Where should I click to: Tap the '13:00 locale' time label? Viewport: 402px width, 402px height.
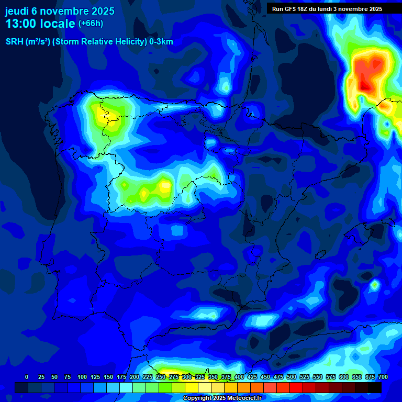coord(40,24)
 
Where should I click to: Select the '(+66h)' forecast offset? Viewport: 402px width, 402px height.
coord(91,24)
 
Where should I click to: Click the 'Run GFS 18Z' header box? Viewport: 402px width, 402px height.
coord(327,9)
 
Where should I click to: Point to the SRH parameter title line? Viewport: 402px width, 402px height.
coord(89,42)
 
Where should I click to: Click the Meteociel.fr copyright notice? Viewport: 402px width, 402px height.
coord(221,398)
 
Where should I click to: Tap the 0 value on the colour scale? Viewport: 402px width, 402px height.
coord(27,377)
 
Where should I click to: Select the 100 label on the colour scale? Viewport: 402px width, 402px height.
coord(82,377)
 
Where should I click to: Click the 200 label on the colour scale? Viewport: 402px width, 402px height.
coord(135,377)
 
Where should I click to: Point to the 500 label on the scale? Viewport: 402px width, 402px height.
coord(292,377)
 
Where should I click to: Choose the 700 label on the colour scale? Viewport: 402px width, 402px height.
coord(383,377)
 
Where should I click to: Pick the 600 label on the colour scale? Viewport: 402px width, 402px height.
coord(344,377)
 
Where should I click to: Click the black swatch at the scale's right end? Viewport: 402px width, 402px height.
coord(374,388)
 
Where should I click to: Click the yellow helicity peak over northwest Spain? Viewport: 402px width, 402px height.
coord(99,113)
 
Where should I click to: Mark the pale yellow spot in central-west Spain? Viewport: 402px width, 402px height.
coord(165,186)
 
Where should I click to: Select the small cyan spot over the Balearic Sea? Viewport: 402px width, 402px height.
coord(375,285)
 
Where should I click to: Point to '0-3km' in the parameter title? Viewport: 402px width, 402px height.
coord(161,42)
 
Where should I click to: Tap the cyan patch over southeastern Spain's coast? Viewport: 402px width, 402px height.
coord(205,314)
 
